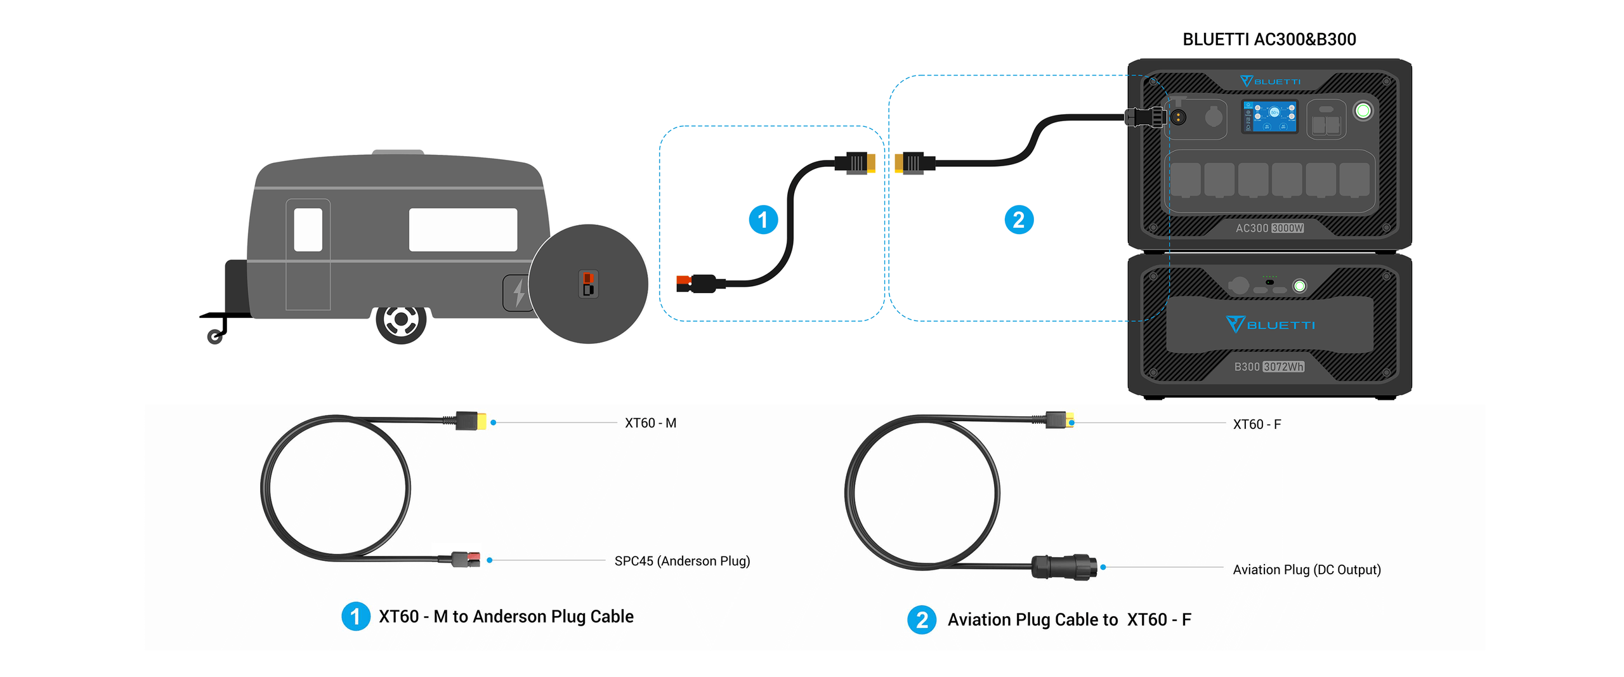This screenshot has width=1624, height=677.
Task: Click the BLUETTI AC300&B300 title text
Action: point(1269,39)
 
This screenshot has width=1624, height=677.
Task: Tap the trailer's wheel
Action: point(401,321)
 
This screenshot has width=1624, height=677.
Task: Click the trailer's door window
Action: point(308,229)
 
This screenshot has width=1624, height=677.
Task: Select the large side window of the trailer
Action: point(463,229)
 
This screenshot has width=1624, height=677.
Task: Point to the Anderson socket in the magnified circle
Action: point(588,284)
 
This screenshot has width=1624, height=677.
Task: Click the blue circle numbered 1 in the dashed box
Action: point(763,220)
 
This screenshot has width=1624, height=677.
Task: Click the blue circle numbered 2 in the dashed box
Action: point(1019,220)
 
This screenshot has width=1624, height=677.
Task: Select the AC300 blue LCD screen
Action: point(1269,117)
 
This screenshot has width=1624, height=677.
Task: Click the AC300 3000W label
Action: point(1269,228)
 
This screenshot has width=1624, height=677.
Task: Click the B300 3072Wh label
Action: point(1269,367)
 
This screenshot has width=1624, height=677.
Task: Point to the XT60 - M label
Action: point(650,423)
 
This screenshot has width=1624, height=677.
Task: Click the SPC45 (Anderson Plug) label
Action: point(682,561)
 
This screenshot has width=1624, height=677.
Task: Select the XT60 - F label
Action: point(1257,424)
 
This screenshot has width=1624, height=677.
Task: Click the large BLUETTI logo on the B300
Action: point(1270,324)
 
